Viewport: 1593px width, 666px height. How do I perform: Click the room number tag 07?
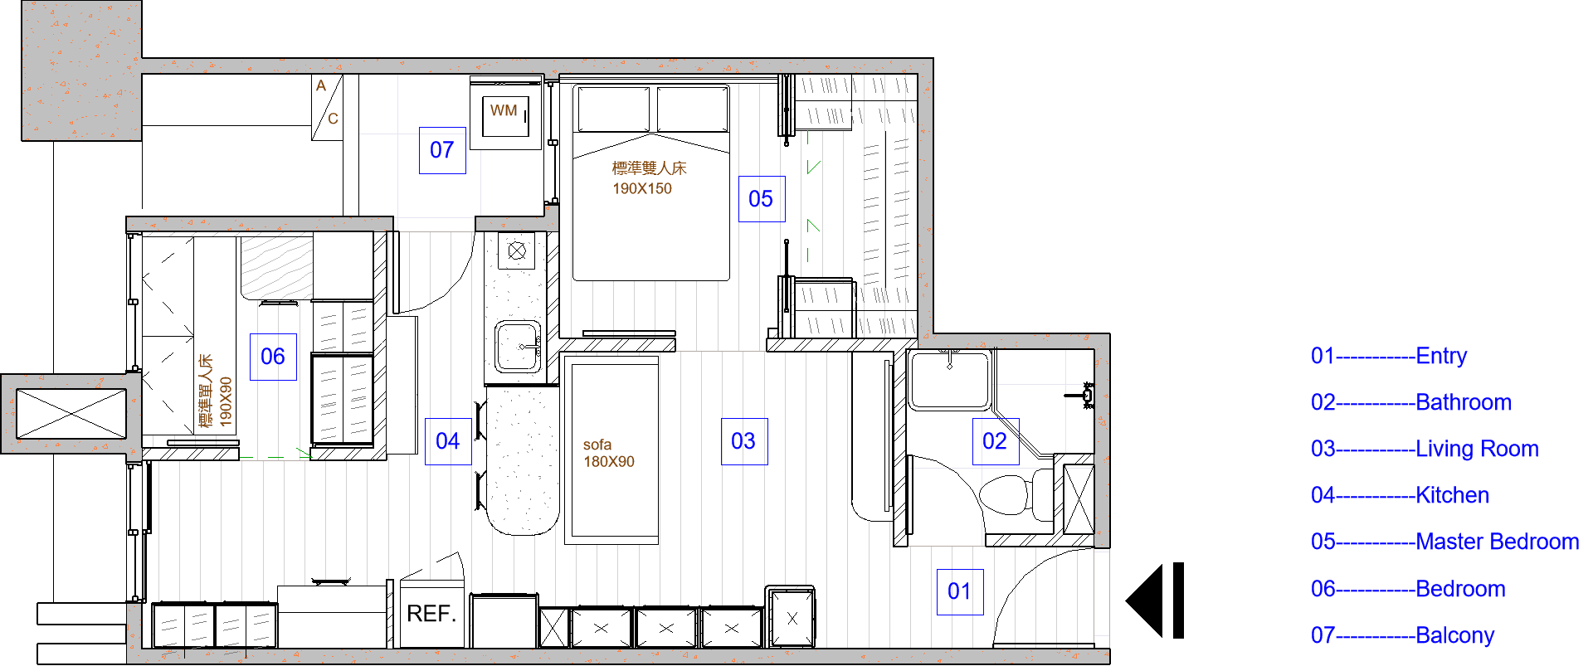point(442,150)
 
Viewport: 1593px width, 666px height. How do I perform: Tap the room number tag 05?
point(762,199)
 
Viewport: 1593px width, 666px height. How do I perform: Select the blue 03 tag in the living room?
point(744,441)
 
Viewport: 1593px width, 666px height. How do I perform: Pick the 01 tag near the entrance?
point(960,591)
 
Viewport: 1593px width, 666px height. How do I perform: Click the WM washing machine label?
point(504,110)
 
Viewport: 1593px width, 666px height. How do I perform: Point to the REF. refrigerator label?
point(431,614)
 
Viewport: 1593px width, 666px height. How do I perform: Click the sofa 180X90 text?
point(608,454)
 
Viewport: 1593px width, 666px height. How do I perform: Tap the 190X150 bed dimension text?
point(642,188)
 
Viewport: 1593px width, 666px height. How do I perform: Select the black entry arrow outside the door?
point(1154,600)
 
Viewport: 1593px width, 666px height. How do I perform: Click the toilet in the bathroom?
point(1016,493)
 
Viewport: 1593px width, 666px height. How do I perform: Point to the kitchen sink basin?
point(518,347)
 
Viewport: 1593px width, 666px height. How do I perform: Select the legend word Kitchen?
point(1453,495)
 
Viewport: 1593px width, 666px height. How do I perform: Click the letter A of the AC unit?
point(321,85)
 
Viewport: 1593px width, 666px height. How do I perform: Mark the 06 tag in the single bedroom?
point(273,357)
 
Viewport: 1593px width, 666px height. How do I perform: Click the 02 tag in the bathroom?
point(995,441)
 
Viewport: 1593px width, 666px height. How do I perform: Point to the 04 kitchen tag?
point(448,441)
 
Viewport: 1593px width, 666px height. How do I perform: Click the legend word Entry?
point(1441,356)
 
